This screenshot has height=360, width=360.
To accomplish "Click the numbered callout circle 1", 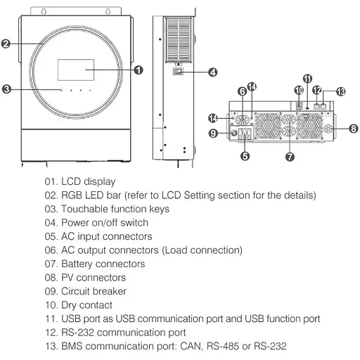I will tap(139, 70).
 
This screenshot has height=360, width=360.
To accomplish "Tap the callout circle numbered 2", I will tap(6, 44).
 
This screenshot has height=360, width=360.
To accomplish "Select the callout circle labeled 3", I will tap(6, 89).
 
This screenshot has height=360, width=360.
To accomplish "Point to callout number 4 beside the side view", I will tap(212, 72).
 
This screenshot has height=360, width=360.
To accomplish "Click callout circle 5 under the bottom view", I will tap(245, 157).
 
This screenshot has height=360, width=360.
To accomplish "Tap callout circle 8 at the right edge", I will tap(353, 129).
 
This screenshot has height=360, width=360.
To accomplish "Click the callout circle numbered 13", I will tap(342, 91).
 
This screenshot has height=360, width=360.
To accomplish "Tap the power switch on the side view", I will tap(179, 71).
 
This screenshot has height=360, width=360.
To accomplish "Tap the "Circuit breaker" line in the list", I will tap(94, 291).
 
